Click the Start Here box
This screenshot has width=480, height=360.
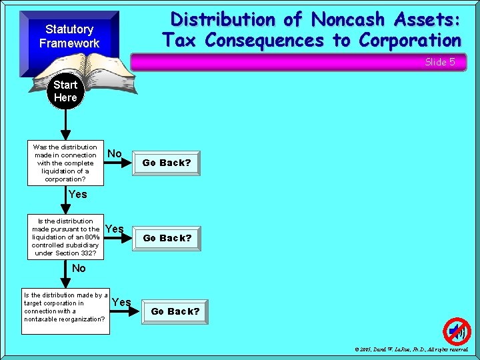[x=65, y=91]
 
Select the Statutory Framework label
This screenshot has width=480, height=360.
[x=69, y=36]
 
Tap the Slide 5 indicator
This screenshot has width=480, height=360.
[x=440, y=62]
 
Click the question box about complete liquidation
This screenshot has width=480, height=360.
[x=65, y=163]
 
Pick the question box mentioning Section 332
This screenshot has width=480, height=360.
[x=65, y=237]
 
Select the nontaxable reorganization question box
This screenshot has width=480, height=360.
[x=65, y=307]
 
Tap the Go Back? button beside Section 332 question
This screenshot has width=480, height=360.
[x=167, y=238]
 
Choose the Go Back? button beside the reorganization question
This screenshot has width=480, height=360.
[x=175, y=311]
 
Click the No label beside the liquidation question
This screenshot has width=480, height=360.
[x=115, y=154]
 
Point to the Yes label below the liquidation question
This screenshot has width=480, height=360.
[x=77, y=195]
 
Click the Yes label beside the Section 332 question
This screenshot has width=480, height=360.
[x=115, y=229]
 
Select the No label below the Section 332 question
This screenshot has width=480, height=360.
[x=79, y=268]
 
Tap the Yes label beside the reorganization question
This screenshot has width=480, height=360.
[x=121, y=302]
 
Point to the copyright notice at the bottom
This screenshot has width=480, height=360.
[x=411, y=349]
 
